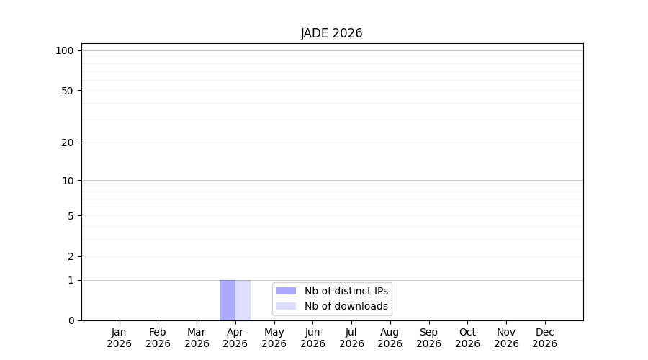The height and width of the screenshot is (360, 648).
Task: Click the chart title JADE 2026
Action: coord(331,33)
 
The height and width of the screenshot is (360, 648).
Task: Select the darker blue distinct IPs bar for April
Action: coord(228,300)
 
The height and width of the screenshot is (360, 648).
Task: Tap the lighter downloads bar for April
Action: coord(243,300)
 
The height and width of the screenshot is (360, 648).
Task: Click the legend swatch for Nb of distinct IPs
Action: coord(286,291)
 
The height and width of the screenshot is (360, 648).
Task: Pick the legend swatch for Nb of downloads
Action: coord(286,306)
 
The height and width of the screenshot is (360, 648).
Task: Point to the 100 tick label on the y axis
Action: coord(65,51)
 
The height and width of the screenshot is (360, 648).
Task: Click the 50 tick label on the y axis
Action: coord(68,91)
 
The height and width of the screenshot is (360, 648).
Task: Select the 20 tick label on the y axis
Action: coord(68,143)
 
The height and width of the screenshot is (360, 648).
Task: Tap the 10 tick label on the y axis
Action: coord(68,181)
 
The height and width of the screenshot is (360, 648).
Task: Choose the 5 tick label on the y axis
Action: coord(71,216)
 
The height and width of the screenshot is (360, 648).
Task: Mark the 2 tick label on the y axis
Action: coord(71,256)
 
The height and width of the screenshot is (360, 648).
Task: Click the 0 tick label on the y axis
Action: coord(71,320)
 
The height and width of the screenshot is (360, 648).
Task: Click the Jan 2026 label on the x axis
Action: coord(119,338)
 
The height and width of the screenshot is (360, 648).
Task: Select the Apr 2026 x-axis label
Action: coord(235,338)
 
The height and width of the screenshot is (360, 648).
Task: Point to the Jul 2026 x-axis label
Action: coord(351,338)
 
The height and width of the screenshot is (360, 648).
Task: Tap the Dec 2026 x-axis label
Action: coord(545,338)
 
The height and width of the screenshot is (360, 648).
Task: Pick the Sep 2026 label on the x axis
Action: coord(428,338)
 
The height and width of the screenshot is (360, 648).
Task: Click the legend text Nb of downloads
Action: coord(346,306)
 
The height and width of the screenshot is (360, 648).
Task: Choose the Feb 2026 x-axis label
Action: coord(158,338)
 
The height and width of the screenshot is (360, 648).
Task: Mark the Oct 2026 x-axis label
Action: coord(467,338)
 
